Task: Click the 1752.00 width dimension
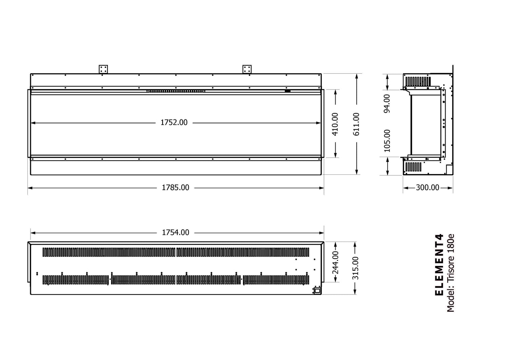[x=174, y=122]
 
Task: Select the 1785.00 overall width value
[x=175, y=188]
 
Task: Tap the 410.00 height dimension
[x=335, y=124]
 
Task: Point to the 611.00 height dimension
[x=356, y=124]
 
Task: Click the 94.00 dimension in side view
[x=387, y=103]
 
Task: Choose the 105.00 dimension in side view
[x=387, y=140]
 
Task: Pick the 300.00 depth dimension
[x=428, y=188]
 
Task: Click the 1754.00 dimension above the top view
[x=175, y=233]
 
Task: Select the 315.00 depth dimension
[x=355, y=268]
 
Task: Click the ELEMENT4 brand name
[x=439, y=265]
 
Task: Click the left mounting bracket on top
[x=103, y=69]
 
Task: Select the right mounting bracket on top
[x=247, y=69]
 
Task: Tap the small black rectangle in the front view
[x=287, y=91]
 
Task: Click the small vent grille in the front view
[x=176, y=91]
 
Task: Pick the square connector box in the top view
[x=317, y=290]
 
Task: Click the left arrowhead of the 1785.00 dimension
[x=29, y=188]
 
